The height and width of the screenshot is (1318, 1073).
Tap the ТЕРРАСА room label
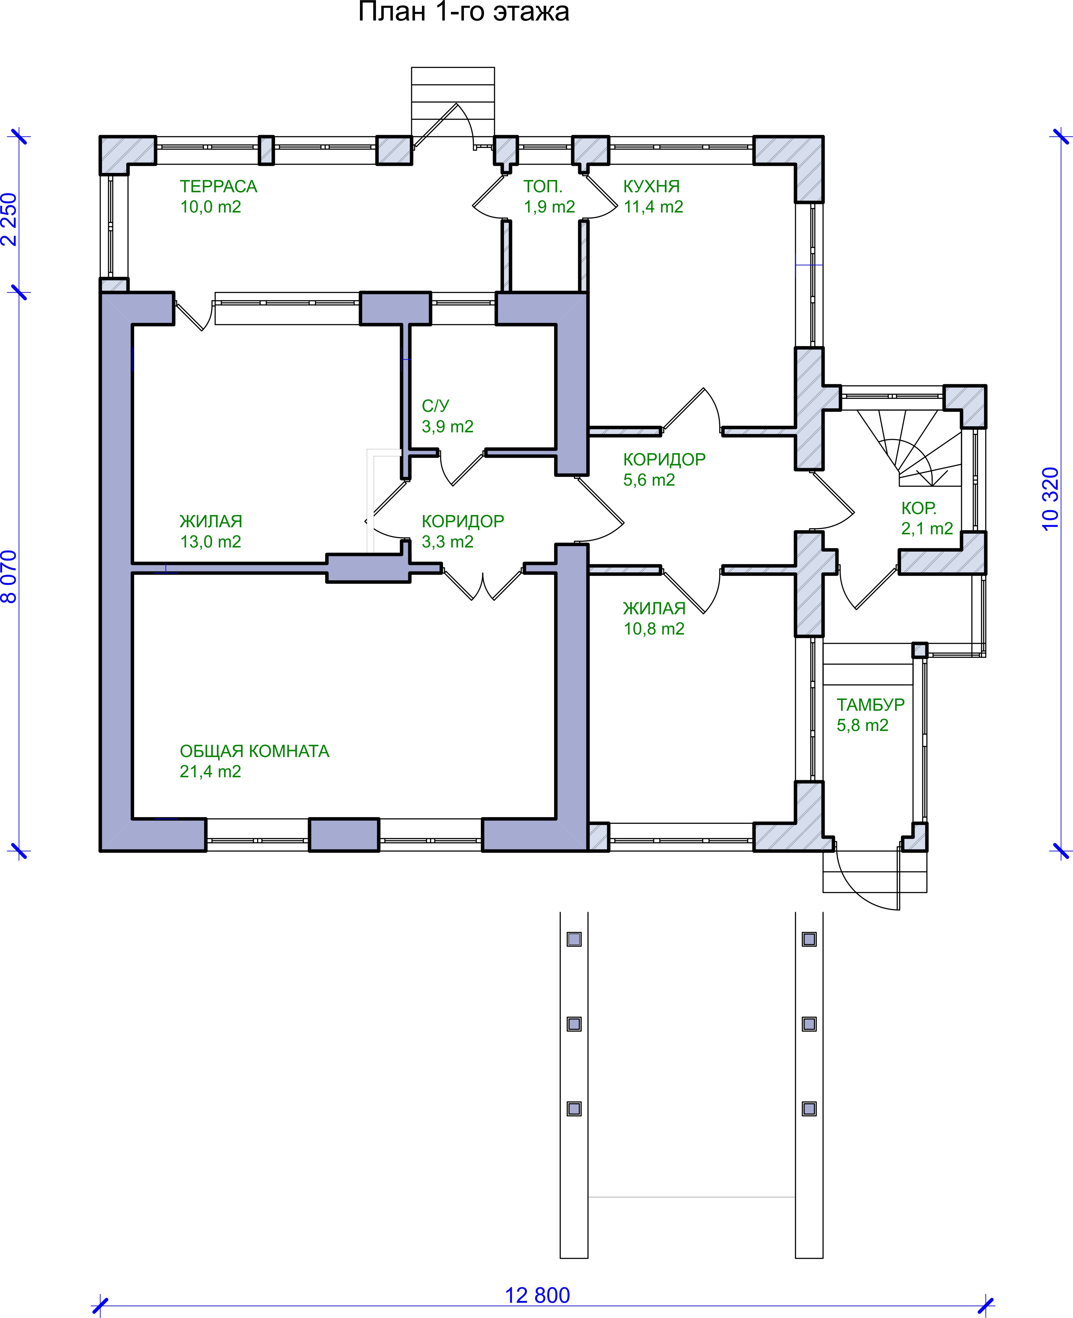(x=218, y=186)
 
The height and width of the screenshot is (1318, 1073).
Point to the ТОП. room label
(x=543, y=186)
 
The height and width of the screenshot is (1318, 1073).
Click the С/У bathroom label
(x=435, y=406)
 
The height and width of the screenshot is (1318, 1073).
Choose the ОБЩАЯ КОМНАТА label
(x=254, y=751)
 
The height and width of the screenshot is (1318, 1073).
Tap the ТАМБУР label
(x=870, y=705)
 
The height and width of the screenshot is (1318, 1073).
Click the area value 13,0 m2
(x=210, y=542)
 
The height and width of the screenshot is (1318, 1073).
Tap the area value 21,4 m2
(x=210, y=771)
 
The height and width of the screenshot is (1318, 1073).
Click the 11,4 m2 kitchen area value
(x=653, y=207)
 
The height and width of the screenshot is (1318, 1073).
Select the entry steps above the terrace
(x=452, y=93)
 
